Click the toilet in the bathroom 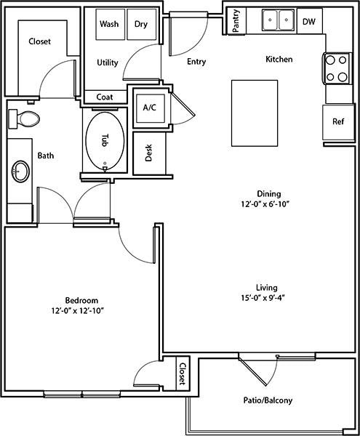(x=24, y=119)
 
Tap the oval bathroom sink (x=20, y=171)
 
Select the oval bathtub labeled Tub (x=105, y=141)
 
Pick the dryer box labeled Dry (x=142, y=25)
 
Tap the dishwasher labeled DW (x=310, y=21)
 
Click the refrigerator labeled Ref (x=338, y=122)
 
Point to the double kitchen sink (x=278, y=20)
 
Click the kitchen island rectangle (x=255, y=113)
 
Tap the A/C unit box (x=151, y=108)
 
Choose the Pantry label (x=236, y=20)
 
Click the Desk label (x=149, y=153)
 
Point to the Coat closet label (x=105, y=97)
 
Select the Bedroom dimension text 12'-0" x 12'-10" (x=78, y=311)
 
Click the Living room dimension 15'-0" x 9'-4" (x=263, y=298)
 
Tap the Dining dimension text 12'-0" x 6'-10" (x=265, y=204)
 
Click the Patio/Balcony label (x=268, y=400)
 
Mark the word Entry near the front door (x=196, y=62)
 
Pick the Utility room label (x=108, y=62)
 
